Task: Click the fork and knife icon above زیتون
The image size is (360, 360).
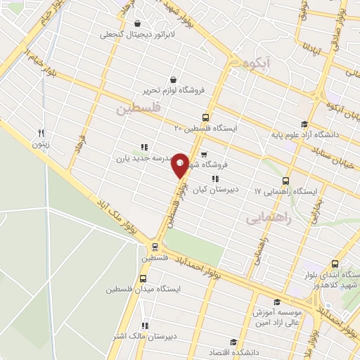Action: pos(41,132)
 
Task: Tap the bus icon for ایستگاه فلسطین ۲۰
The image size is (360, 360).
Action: pos(205,117)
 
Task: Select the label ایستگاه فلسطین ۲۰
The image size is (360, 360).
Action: pos(207,129)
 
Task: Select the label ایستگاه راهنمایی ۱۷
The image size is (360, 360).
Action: pos(286,191)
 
